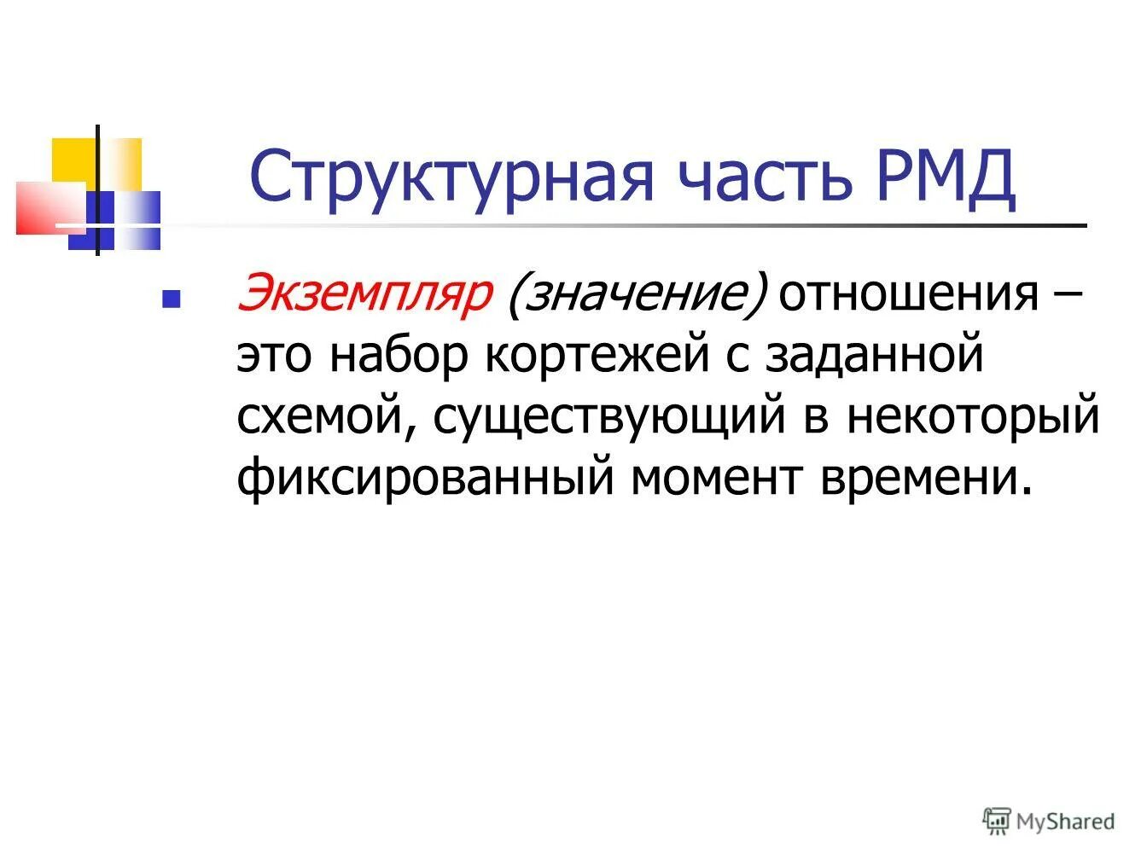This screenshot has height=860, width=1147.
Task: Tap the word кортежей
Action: (597, 356)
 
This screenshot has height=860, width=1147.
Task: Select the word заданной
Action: (874, 356)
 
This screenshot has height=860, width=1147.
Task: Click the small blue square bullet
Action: (170, 299)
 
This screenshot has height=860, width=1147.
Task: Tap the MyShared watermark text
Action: (1066, 822)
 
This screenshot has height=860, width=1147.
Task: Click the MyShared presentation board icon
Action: (997, 821)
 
